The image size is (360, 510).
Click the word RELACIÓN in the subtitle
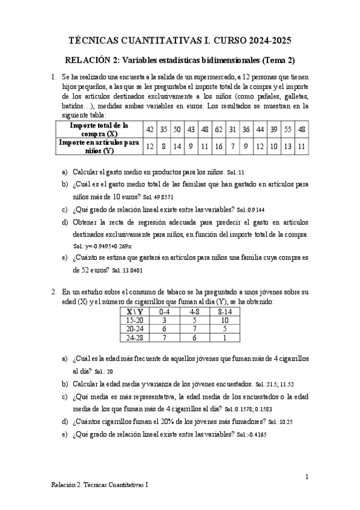click(x=87, y=60)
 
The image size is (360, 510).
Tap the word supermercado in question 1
click(x=211, y=77)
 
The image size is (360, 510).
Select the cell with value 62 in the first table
click(x=219, y=129)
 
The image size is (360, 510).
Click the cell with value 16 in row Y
click(x=219, y=146)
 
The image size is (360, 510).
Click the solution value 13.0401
click(x=130, y=271)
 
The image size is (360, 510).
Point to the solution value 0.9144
click(x=255, y=210)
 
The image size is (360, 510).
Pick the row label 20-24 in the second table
click(x=132, y=329)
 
